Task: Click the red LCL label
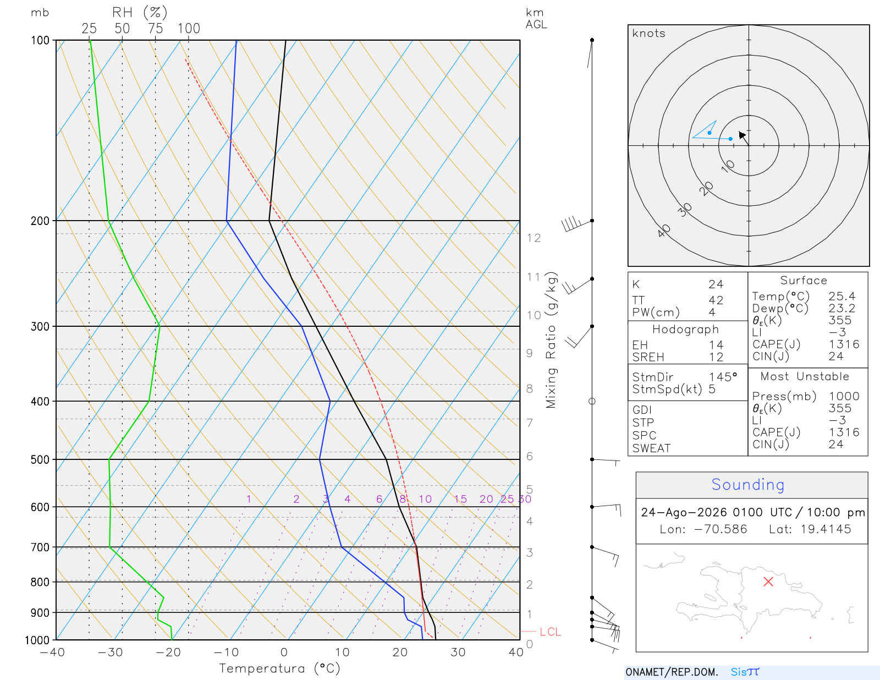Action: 550,632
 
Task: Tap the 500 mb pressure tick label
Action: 40,460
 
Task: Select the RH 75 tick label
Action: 155,29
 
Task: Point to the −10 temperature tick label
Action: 226,652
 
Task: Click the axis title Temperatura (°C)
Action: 279,668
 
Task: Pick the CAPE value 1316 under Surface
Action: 844,344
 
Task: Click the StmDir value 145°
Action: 723,377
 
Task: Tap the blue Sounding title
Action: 747,484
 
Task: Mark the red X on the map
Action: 768,582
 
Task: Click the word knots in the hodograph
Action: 648,33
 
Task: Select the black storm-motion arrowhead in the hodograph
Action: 741,135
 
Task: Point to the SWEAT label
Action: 651,448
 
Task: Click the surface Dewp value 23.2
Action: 842,308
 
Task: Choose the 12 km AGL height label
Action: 533,238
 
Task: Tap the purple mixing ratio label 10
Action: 425,499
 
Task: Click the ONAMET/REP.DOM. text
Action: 672,672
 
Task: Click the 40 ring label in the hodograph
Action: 664,231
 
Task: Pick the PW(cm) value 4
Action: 712,312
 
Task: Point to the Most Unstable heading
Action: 804,376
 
